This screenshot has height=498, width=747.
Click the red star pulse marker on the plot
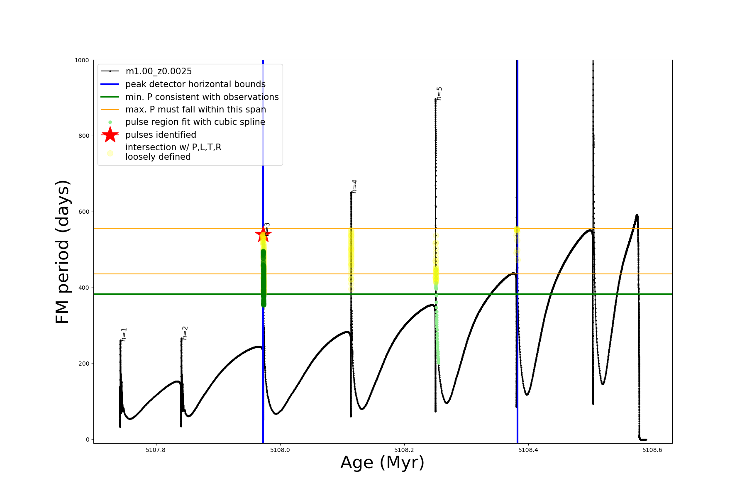(x=263, y=234)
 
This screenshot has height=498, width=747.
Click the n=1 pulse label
(x=124, y=334)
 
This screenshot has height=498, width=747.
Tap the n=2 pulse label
(x=185, y=333)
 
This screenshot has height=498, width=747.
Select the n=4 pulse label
(x=354, y=186)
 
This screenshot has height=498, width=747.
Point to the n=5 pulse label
(x=439, y=93)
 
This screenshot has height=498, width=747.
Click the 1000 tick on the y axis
(x=82, y=60)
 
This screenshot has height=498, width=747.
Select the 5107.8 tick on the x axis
(x=156, y=450)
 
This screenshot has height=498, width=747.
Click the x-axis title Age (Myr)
(x=382, y=463)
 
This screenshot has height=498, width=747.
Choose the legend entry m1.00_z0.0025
(x=159, y=71)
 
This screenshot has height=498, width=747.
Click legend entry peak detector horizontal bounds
(x=195, y=84)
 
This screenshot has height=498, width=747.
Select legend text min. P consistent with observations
(x=202, y=97)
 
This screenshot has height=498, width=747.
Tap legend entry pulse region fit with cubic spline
(x=195, y=122)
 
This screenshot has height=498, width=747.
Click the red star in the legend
(x=110, y=134)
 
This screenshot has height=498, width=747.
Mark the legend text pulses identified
(x=161, y=135)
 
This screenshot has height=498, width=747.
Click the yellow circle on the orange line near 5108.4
(x=517, y=229)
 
